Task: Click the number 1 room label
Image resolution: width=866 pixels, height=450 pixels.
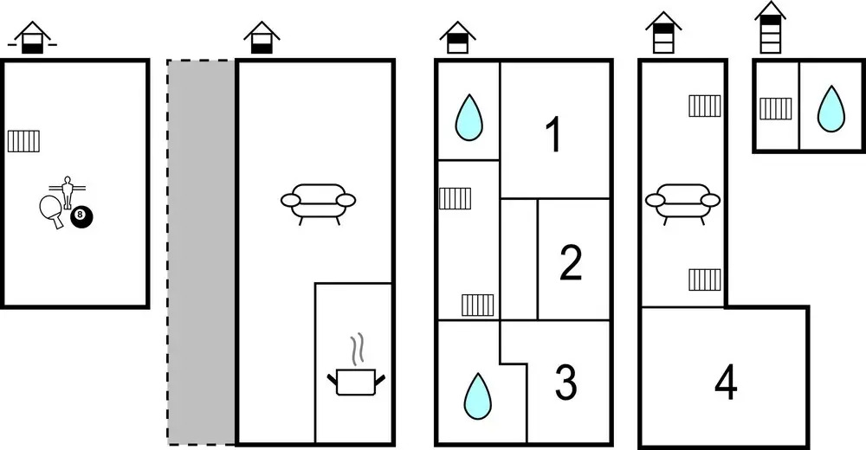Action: (x=553, y=135)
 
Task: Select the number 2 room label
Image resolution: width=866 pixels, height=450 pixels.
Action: (x=570, y=263)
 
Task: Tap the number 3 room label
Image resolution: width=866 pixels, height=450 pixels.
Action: (x=565, y=382)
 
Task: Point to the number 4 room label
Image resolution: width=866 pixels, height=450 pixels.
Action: (x=726, y=383)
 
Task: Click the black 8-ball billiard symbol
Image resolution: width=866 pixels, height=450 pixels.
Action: (x=81, y=217)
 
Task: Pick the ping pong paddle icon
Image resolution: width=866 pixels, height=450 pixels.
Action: (x=51, y=210)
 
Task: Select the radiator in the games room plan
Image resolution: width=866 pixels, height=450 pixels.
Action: (x=23, y=140)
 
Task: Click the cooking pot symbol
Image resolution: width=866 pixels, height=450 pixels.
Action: (x=356, y=382)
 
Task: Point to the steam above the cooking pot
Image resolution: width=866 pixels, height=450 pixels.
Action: (x=357, y=350)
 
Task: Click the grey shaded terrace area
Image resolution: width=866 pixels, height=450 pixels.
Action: (x=201, y=251)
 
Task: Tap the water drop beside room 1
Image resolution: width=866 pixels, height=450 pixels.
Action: (x=469, y=118)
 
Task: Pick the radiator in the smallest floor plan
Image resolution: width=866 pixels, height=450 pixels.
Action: (x=776, y=108)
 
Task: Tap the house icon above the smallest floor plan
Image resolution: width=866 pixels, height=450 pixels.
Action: (x=770, y=27)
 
